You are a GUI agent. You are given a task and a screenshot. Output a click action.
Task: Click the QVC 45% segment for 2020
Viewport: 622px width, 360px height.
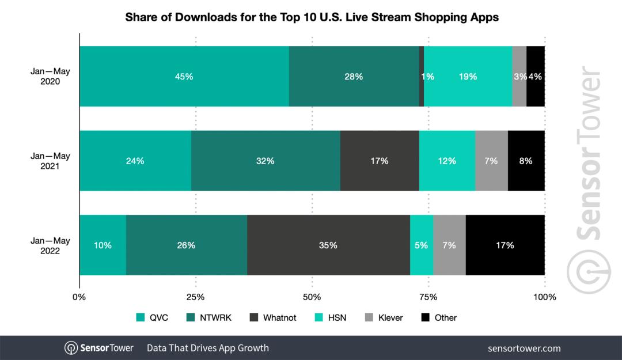pyautogui.click(x=184, y=76)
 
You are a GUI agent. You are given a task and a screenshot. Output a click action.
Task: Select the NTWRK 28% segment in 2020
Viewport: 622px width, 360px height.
pyautogui.click(x=354, y=76)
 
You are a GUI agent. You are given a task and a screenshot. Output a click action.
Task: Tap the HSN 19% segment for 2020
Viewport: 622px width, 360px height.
pyautogui.click(x=468, y=76)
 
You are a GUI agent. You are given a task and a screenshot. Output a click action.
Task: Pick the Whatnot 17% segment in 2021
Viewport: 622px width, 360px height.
pyautogui.click(x=380, y=161)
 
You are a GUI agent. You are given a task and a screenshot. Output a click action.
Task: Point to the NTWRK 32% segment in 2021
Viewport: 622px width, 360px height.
pyautogui.click(x=266, y=161)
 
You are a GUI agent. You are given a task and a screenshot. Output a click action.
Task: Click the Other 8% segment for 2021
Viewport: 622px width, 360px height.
pyautogui.click(x=526, y=161)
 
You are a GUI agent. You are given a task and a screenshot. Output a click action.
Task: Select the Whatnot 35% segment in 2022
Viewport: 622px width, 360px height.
pyautogui.click(x=328, y=245)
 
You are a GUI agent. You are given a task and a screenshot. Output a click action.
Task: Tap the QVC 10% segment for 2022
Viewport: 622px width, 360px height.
pyautogui.click(x=103, y=245)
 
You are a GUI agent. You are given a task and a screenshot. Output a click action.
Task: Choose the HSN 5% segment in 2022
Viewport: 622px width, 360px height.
pyautogui.click(x=421, y=245)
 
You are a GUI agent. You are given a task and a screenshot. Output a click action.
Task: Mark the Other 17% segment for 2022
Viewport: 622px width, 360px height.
pyautogui.click(x=505, y=245)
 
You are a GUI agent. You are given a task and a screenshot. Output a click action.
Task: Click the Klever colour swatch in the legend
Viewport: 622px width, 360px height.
pyautogui.click(x=370, y=317)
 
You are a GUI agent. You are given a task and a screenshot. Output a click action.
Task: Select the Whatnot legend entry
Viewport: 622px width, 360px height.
pyautogui.click(x=273, y=317)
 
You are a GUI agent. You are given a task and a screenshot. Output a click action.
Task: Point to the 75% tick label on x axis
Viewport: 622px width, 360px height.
pyautogui.click(x=428, y=297)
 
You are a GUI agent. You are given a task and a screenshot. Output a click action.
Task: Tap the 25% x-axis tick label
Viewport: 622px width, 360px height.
pyautogui.click(x=196, y=297)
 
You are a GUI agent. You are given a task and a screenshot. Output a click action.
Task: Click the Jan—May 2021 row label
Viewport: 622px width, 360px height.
pyautogui.click(x=49, y=161)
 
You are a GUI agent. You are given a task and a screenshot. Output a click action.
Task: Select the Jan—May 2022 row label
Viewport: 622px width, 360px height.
pyautogui.click(x=49, y=245)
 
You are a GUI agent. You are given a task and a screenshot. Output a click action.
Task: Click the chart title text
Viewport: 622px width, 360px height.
pyautogui.click(x=312, y=17)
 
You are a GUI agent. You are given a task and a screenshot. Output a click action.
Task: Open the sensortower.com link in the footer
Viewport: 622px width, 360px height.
pyautogui.click(x=524, y=348)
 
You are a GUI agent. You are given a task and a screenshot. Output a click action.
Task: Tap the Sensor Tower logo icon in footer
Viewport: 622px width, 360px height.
pyautogui.click(x=71, y=348)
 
